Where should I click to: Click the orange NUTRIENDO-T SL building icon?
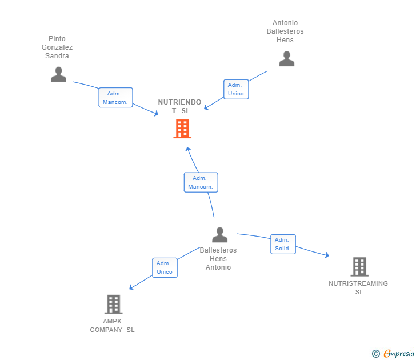coord(182,129)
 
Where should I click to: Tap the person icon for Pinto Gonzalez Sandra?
coord(58,74)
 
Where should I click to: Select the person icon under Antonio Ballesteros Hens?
coord(286,59)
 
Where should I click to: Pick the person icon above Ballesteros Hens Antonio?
coord(219,234)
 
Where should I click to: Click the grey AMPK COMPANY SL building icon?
coord(113,304)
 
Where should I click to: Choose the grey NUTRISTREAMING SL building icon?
coord(359,266)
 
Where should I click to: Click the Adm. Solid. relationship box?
coord(283,244)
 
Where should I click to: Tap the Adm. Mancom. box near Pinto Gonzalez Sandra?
coord(115,98)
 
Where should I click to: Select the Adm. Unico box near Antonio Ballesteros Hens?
coord(235,89)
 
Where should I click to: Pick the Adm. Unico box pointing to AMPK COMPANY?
coord(165,267)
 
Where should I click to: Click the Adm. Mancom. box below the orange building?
coord(201,182)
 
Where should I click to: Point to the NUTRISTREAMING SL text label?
coord(358,287)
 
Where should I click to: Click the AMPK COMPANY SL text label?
coord(113,325)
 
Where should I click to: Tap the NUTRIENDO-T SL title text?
coord(181,106)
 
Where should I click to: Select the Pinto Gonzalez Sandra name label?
coord(57,47)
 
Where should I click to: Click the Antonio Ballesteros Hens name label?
coord(285,31)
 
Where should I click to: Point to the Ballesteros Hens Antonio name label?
coord(218,258)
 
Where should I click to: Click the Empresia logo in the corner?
coord(399,354)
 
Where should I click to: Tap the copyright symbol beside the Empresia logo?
coord(375,354)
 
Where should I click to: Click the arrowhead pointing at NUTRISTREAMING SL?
coord(326,255)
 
